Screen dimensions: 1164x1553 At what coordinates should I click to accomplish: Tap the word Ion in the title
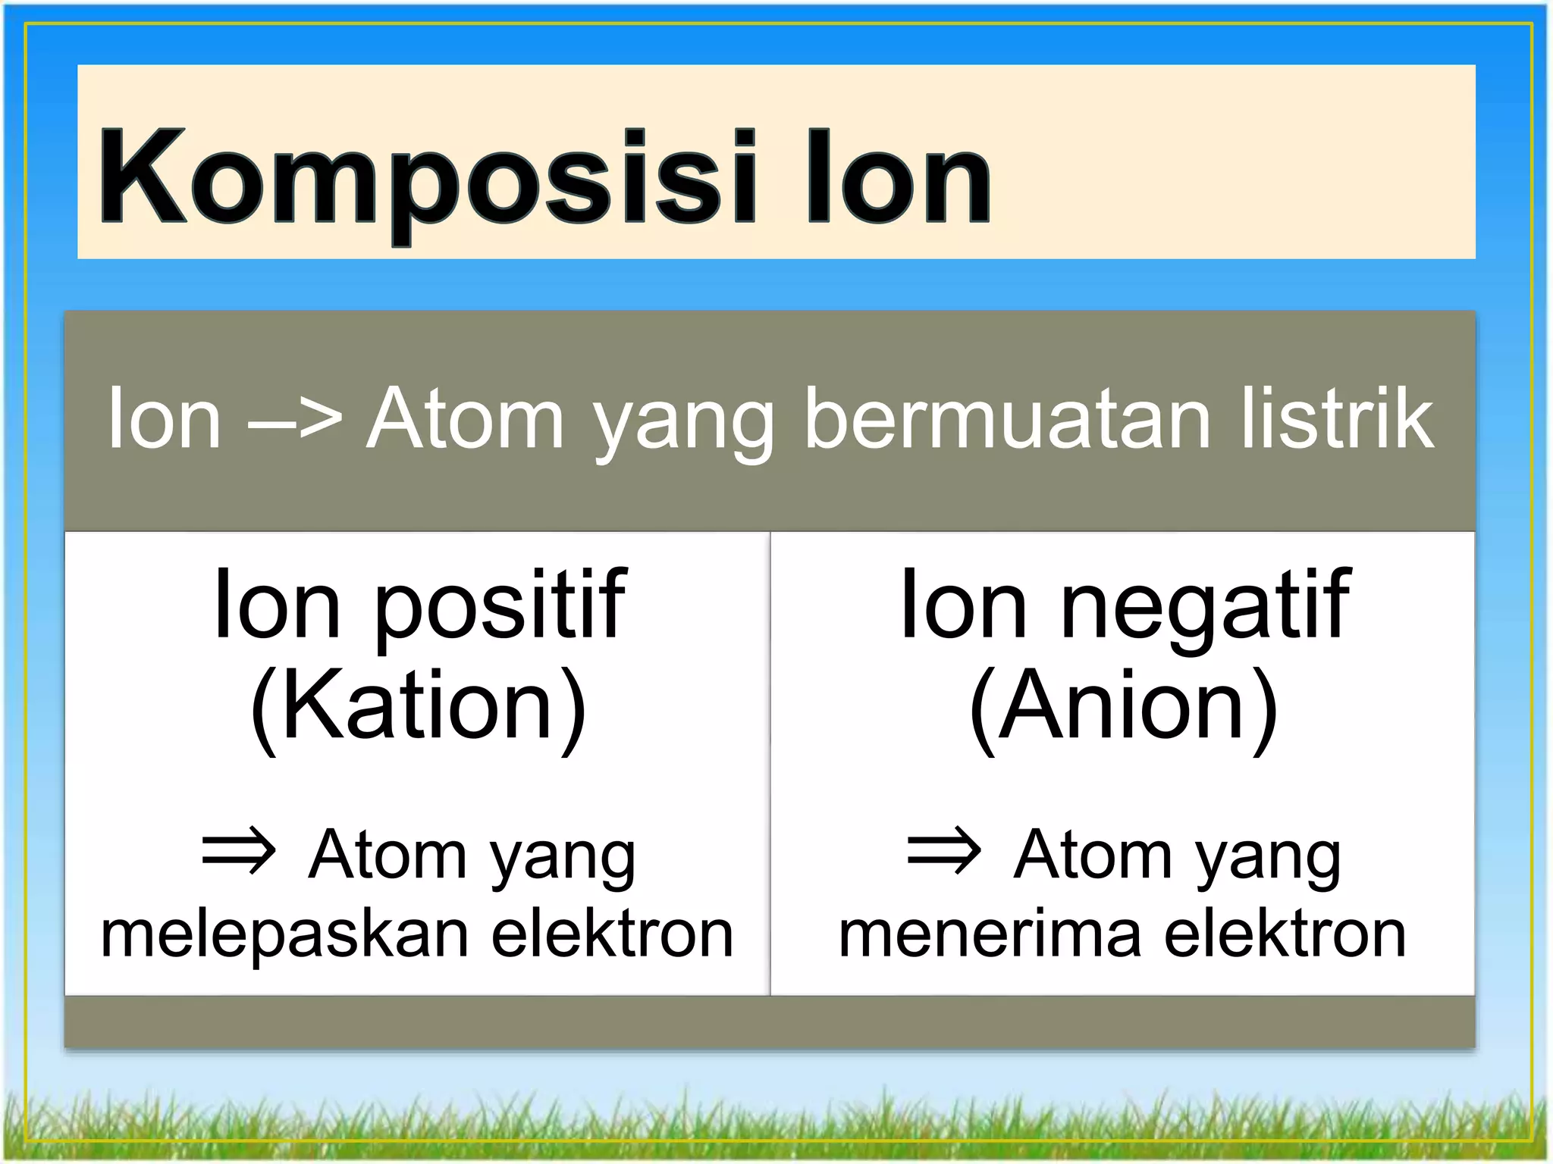click(x=898, y=179)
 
